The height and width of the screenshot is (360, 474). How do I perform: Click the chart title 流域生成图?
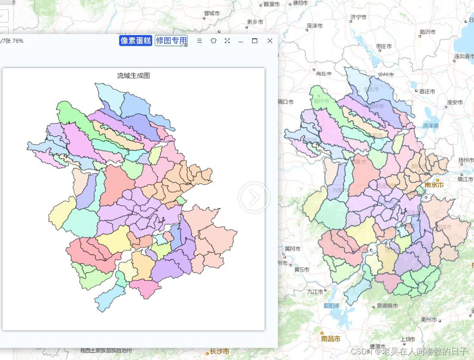pyautogui.click(x=134, y=75)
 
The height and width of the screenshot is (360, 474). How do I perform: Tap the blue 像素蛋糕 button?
pyautogui.click(x=136, y=41)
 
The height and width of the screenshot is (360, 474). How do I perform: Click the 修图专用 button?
pyautogui.click(x=171, y=41)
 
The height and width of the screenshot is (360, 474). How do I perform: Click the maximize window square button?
pyautogui.click(x=255, y=41)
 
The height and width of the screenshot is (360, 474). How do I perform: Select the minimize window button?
pyautogui.click(x=241, y=41)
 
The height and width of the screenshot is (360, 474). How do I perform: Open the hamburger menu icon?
pyautogui.click(x=200, y=41)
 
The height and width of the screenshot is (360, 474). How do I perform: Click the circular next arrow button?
pyautogui.click(x=254, y=197)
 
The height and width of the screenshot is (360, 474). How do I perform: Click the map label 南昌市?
pyautogui.click(x=331, y=338)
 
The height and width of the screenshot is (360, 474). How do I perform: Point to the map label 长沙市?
pyautogui.click(x=219, y=351)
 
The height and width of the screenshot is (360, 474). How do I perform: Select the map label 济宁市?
pyautogui.click(x=358, y=17)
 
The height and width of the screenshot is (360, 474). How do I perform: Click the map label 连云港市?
pyautogui.click(x=464, y=56)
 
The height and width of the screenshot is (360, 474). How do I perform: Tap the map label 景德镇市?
pyautogui.click(x=387, y=306)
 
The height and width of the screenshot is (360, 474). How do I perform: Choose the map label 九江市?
pyautogui.click(x=315, y=291)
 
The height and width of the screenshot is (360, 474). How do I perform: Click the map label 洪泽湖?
pyautogui.click(x=430, y=125)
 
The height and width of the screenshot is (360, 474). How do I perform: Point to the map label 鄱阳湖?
pyautogui.click(x=331, y=305)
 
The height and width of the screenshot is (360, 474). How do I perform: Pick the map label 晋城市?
pyautogui.click(x=212, y=13)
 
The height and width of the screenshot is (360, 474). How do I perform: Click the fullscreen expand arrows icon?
pyautogui.click(x=227, y=41)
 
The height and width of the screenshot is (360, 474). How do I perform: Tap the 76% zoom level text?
pyautogui.click(x=18, y=41)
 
